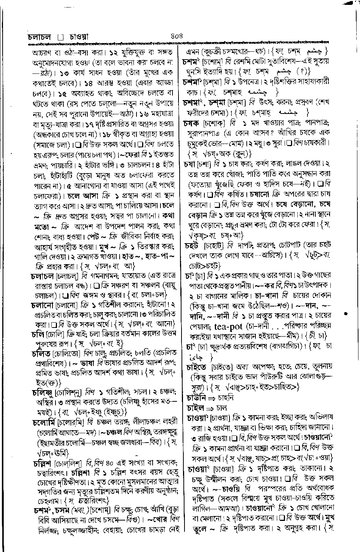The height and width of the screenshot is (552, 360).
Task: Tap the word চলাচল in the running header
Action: pos(40,37)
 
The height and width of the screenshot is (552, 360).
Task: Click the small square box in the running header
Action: pos(61,37)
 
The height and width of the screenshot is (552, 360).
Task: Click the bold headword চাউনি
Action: pos(196,397)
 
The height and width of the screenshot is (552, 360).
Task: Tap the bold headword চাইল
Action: pos(195,407)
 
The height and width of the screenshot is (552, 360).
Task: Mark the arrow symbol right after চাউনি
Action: pos(211,398)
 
